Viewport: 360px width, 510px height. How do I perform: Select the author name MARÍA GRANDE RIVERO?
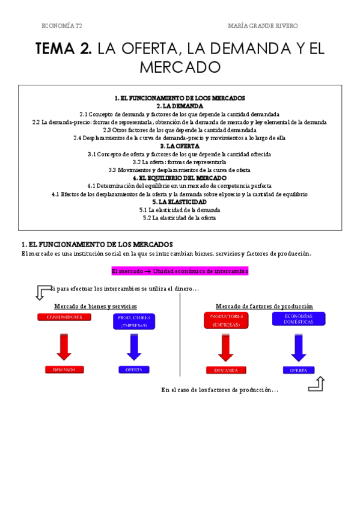(x=263, y=26)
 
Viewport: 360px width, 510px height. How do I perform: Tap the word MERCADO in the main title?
(x=180, y=67)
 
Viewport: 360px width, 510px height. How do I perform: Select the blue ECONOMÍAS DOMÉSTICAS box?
(x=299, y=319)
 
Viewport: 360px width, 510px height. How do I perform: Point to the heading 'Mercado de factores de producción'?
(x=260, y=306)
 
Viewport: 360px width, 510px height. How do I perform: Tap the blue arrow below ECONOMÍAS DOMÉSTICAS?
(x=299, y=346)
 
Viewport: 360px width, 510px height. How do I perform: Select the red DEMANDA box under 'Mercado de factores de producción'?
(x=226, y=370)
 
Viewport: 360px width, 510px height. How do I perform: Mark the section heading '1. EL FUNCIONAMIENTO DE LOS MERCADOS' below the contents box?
(x=97, y=245)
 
